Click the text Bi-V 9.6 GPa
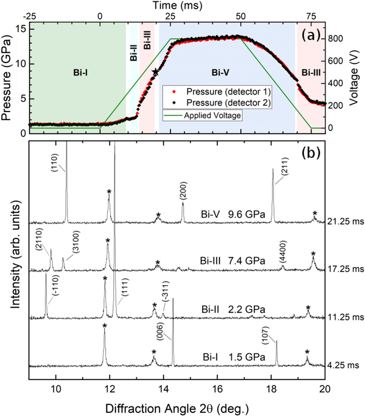pyautogui.click(x=233, y=214)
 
